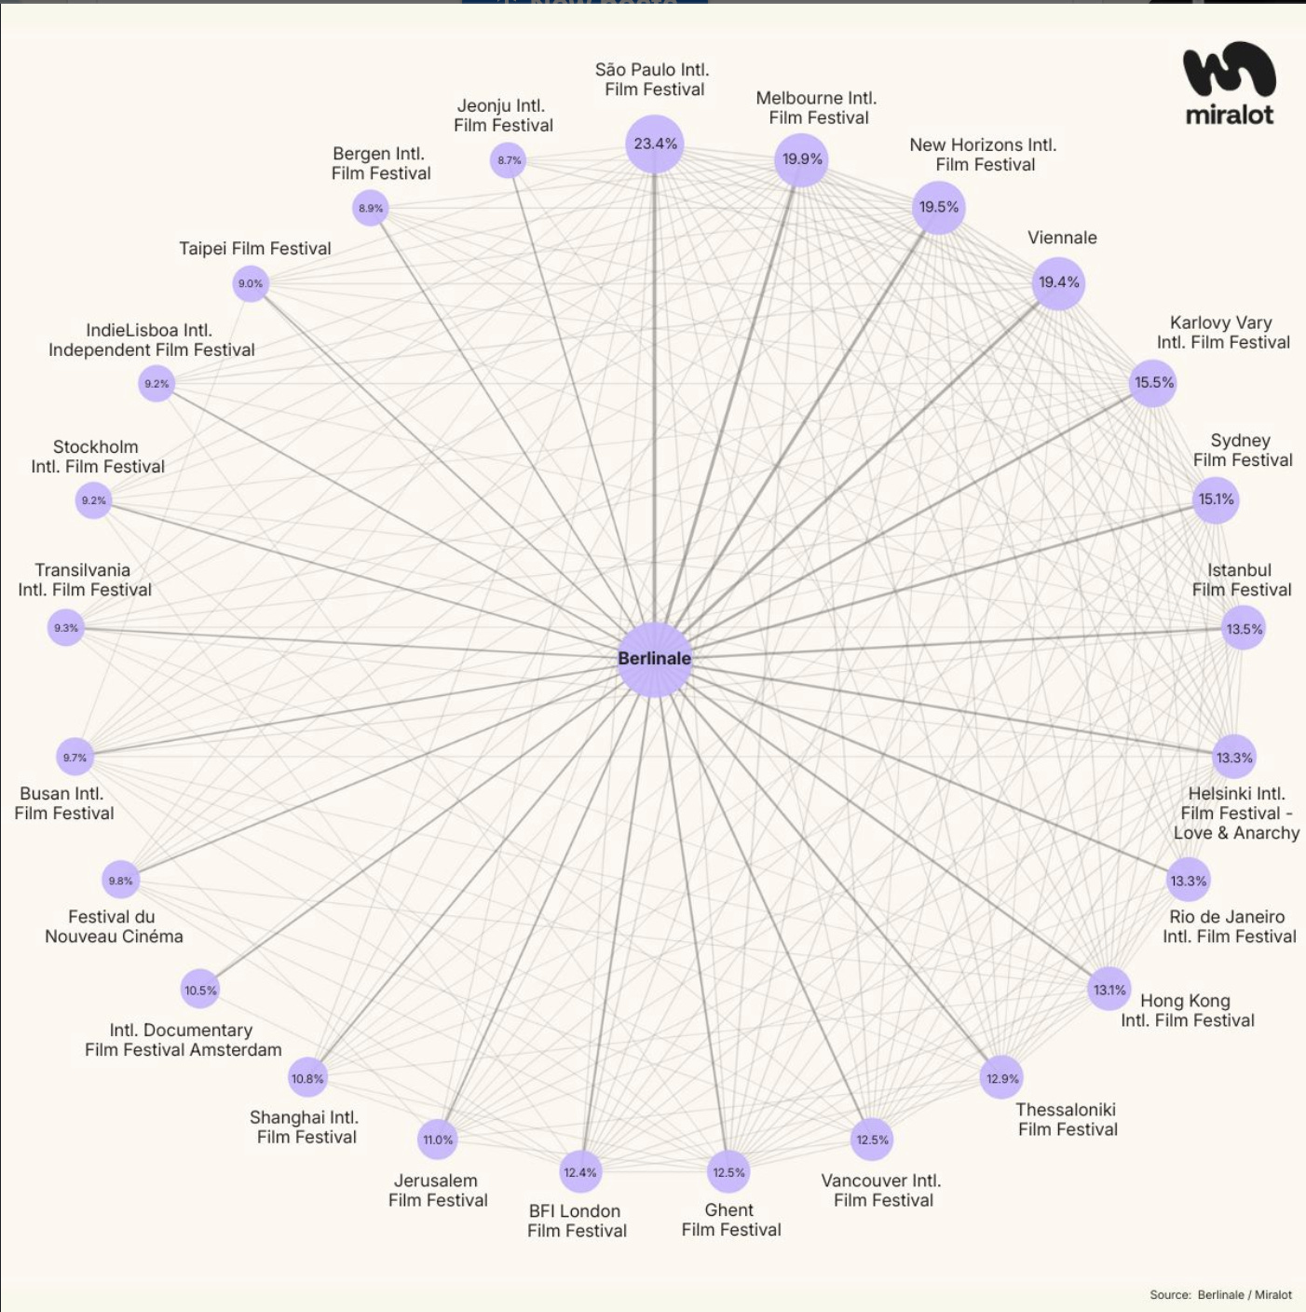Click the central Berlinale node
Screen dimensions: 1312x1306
655,659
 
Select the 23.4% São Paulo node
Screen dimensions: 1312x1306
655,143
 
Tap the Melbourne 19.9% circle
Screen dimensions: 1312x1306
801,159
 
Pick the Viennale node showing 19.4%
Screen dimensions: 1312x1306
1058,282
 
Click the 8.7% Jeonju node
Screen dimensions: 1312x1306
509,160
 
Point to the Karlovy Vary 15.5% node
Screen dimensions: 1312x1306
1153,383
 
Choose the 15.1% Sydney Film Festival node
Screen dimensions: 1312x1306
1216,499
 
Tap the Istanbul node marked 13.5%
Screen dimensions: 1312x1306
1244,629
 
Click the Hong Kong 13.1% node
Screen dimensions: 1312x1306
1109,990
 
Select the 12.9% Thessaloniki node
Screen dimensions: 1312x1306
1002,1078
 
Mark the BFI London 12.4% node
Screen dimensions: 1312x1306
579,1172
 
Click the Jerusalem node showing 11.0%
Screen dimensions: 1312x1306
438,1140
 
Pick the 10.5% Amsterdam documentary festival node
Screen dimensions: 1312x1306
200,991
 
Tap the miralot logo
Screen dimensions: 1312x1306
1229,84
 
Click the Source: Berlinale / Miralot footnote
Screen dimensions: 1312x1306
1220,1294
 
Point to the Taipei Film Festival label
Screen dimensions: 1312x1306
254,249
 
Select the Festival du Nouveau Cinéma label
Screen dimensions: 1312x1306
114,926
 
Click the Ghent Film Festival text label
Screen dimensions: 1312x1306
730,1220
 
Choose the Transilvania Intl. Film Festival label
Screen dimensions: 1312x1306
84,580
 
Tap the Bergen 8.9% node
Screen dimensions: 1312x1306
371,209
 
